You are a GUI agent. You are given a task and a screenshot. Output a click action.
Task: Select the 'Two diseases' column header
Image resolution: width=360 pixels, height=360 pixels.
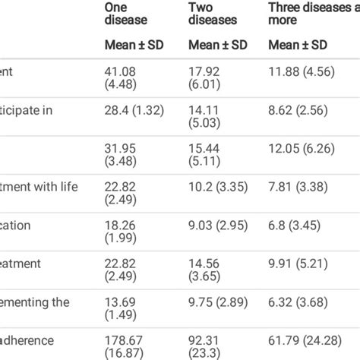pos(213,14)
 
